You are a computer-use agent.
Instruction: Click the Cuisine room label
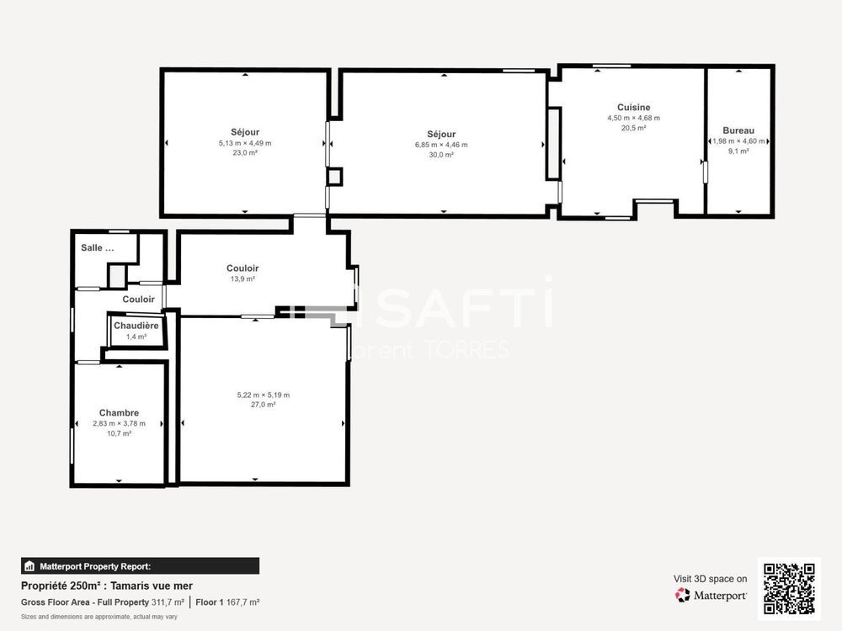633,108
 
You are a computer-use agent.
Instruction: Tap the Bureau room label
738,130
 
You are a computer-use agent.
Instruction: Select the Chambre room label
119,413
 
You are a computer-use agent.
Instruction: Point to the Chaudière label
136,326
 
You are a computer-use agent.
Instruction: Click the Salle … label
97,247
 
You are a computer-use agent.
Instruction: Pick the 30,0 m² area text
441,155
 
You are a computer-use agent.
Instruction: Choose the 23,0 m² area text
244,153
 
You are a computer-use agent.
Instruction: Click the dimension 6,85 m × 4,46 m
441,145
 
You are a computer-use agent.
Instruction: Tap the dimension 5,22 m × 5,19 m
264,395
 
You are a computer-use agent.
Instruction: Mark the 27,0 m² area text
264,405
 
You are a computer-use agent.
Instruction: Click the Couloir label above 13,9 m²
242,268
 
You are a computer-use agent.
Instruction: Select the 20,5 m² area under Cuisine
633,128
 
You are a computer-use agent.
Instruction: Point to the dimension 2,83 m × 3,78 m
119,423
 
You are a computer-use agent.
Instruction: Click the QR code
789,589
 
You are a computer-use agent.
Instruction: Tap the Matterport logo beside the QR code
711,596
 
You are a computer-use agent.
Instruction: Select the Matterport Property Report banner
140,565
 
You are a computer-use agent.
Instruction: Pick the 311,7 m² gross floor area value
168,602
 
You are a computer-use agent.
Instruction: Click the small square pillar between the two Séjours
334,177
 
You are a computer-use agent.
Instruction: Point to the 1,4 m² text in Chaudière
136,337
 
